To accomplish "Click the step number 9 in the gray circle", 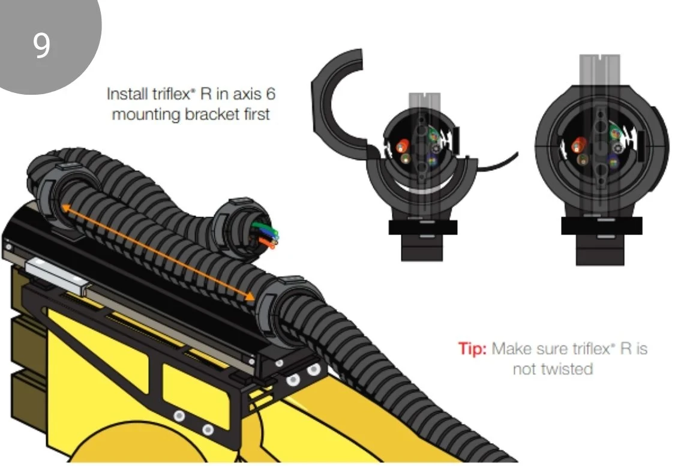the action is pos(41,46).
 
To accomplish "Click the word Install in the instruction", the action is pos(127,94).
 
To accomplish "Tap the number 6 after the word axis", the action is pos(271,94).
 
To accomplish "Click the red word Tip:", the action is pos(472,348).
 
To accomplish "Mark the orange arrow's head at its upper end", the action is pos(65,208).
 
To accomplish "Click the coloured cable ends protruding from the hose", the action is pos(265,234).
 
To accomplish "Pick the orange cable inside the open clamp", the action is pos(403,146).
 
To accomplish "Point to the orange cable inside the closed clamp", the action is pos(580,144).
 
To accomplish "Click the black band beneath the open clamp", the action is pos(423,227).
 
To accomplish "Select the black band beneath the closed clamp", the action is pos(601,226).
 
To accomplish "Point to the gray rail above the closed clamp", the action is pos(600,70).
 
